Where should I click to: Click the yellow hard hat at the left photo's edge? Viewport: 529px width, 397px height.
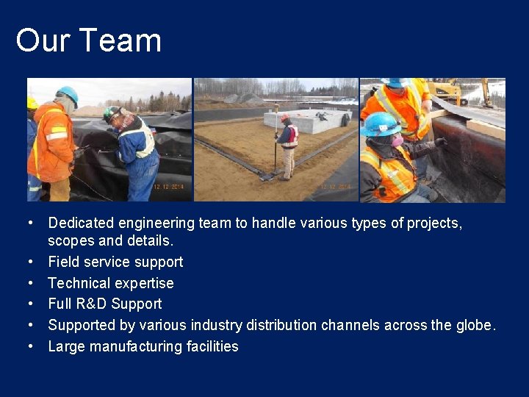pos(32,102)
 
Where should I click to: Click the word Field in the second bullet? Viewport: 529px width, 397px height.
pos(62,262)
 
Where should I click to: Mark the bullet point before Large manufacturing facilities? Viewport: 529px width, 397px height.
pos(32,346)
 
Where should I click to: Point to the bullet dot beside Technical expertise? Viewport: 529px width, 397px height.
pos(32,283)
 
